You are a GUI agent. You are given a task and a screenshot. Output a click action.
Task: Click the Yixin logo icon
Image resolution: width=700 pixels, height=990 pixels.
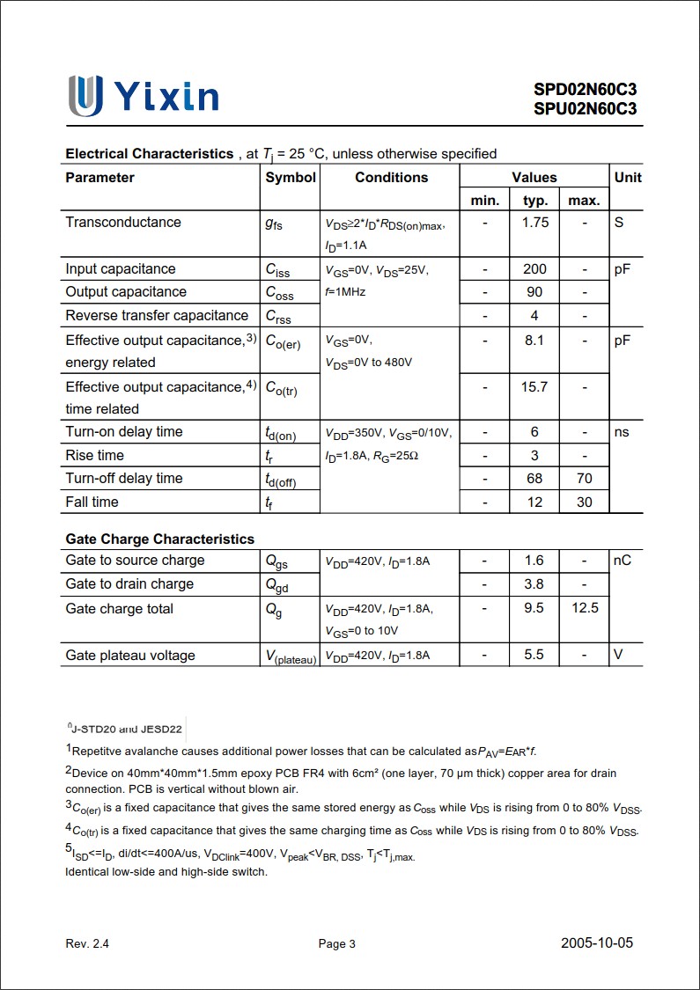(x=85, y=95)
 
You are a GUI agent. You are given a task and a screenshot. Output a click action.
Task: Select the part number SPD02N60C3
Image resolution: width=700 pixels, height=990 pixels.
(x=585, y=89)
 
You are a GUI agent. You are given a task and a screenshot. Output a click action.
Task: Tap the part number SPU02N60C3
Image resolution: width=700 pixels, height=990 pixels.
(x=585, y=109)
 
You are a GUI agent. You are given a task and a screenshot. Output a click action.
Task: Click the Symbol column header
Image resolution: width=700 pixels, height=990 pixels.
(x=291, y=177)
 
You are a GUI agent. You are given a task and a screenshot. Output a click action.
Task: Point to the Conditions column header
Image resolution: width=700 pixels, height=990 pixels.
(x=391, y=177)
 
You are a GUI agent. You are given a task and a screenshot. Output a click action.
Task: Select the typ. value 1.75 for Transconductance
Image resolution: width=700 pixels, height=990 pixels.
(x=534, y=222)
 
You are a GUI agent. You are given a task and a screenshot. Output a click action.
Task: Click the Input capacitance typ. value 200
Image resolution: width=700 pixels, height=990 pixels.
(x=534, y=268)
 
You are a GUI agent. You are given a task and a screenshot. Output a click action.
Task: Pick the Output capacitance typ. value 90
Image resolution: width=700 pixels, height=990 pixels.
(x=534, y=291)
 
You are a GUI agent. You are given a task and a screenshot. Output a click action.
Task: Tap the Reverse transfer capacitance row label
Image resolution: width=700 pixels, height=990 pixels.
(x=157, y=315)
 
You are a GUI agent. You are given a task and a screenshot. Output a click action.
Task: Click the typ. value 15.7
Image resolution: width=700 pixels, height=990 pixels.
(x=534, y=386)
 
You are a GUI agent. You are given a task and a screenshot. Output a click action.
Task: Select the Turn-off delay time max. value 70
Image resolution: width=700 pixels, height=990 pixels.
(x=585, y=478)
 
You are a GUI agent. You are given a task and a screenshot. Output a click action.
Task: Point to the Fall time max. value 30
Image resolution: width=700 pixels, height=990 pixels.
(x=585, y=502)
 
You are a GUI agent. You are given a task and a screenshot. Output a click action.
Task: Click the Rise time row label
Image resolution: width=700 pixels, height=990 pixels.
(x=94, y=455)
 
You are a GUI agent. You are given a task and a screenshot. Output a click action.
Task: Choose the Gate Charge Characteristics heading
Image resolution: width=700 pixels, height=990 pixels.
(x=159, y=539)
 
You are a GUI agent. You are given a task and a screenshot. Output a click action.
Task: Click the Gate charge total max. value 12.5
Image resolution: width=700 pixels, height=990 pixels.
(x=585, y=608)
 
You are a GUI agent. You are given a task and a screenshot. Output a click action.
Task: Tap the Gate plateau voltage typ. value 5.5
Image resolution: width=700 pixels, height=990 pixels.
(x=534, y=655)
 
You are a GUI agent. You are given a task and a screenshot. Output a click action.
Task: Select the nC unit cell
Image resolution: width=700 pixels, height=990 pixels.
(x=623, y=560)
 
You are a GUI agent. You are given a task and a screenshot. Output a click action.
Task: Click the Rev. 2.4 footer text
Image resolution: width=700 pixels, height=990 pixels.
(x=87, y=943)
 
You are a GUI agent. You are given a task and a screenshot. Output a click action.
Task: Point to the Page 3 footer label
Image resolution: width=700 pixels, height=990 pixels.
(x=337, y=943)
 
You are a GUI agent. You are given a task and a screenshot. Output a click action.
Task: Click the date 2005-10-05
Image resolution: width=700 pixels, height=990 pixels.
(x=597, y=942)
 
